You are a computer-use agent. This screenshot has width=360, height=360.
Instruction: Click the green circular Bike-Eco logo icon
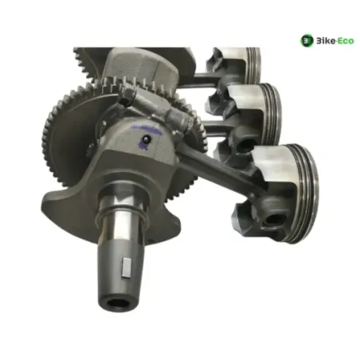click(307, 41)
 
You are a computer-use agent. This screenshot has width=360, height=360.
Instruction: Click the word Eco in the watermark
click(345, 41)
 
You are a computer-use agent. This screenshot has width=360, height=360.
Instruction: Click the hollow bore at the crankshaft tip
click(117, 304)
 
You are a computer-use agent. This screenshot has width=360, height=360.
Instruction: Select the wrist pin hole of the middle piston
click(247, 143)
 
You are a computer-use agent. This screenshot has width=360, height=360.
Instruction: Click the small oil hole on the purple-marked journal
click(147, 139)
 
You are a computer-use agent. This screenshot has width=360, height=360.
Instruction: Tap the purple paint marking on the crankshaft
click(147, 134)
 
